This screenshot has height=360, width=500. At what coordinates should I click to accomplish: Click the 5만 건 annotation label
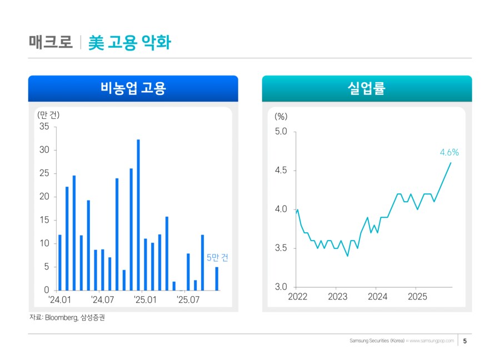217,258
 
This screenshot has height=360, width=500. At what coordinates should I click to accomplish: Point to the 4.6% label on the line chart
449,152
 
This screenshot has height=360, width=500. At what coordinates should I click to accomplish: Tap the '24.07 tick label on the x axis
102,300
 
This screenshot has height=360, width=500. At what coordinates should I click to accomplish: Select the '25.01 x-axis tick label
144,300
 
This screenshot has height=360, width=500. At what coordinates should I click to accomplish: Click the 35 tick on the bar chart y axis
44,127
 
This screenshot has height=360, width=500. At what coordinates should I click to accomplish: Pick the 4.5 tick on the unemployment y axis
281,171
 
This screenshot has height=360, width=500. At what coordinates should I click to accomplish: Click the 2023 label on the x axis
337,297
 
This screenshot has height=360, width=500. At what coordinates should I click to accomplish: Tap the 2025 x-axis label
417,297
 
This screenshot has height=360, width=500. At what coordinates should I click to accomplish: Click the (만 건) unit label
48,116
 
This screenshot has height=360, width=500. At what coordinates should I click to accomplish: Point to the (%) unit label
281,117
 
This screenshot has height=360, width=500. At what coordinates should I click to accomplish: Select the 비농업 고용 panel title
133,88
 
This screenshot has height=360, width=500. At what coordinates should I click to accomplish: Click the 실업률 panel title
367,88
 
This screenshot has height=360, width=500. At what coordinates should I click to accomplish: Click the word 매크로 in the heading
51,42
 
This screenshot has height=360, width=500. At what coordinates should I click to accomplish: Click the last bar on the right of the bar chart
217,279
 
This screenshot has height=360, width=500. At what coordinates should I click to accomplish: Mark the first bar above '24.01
60,262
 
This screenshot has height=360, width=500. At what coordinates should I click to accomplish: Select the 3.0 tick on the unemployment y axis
281,287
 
